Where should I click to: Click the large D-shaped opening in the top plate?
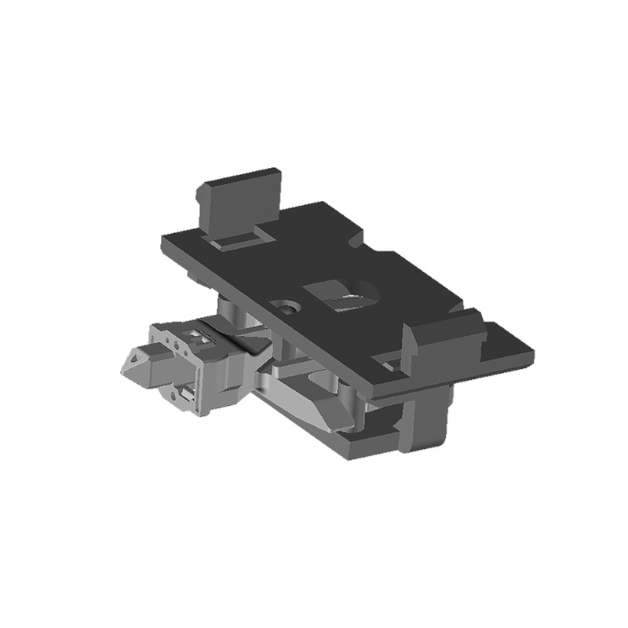click(344, 296)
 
